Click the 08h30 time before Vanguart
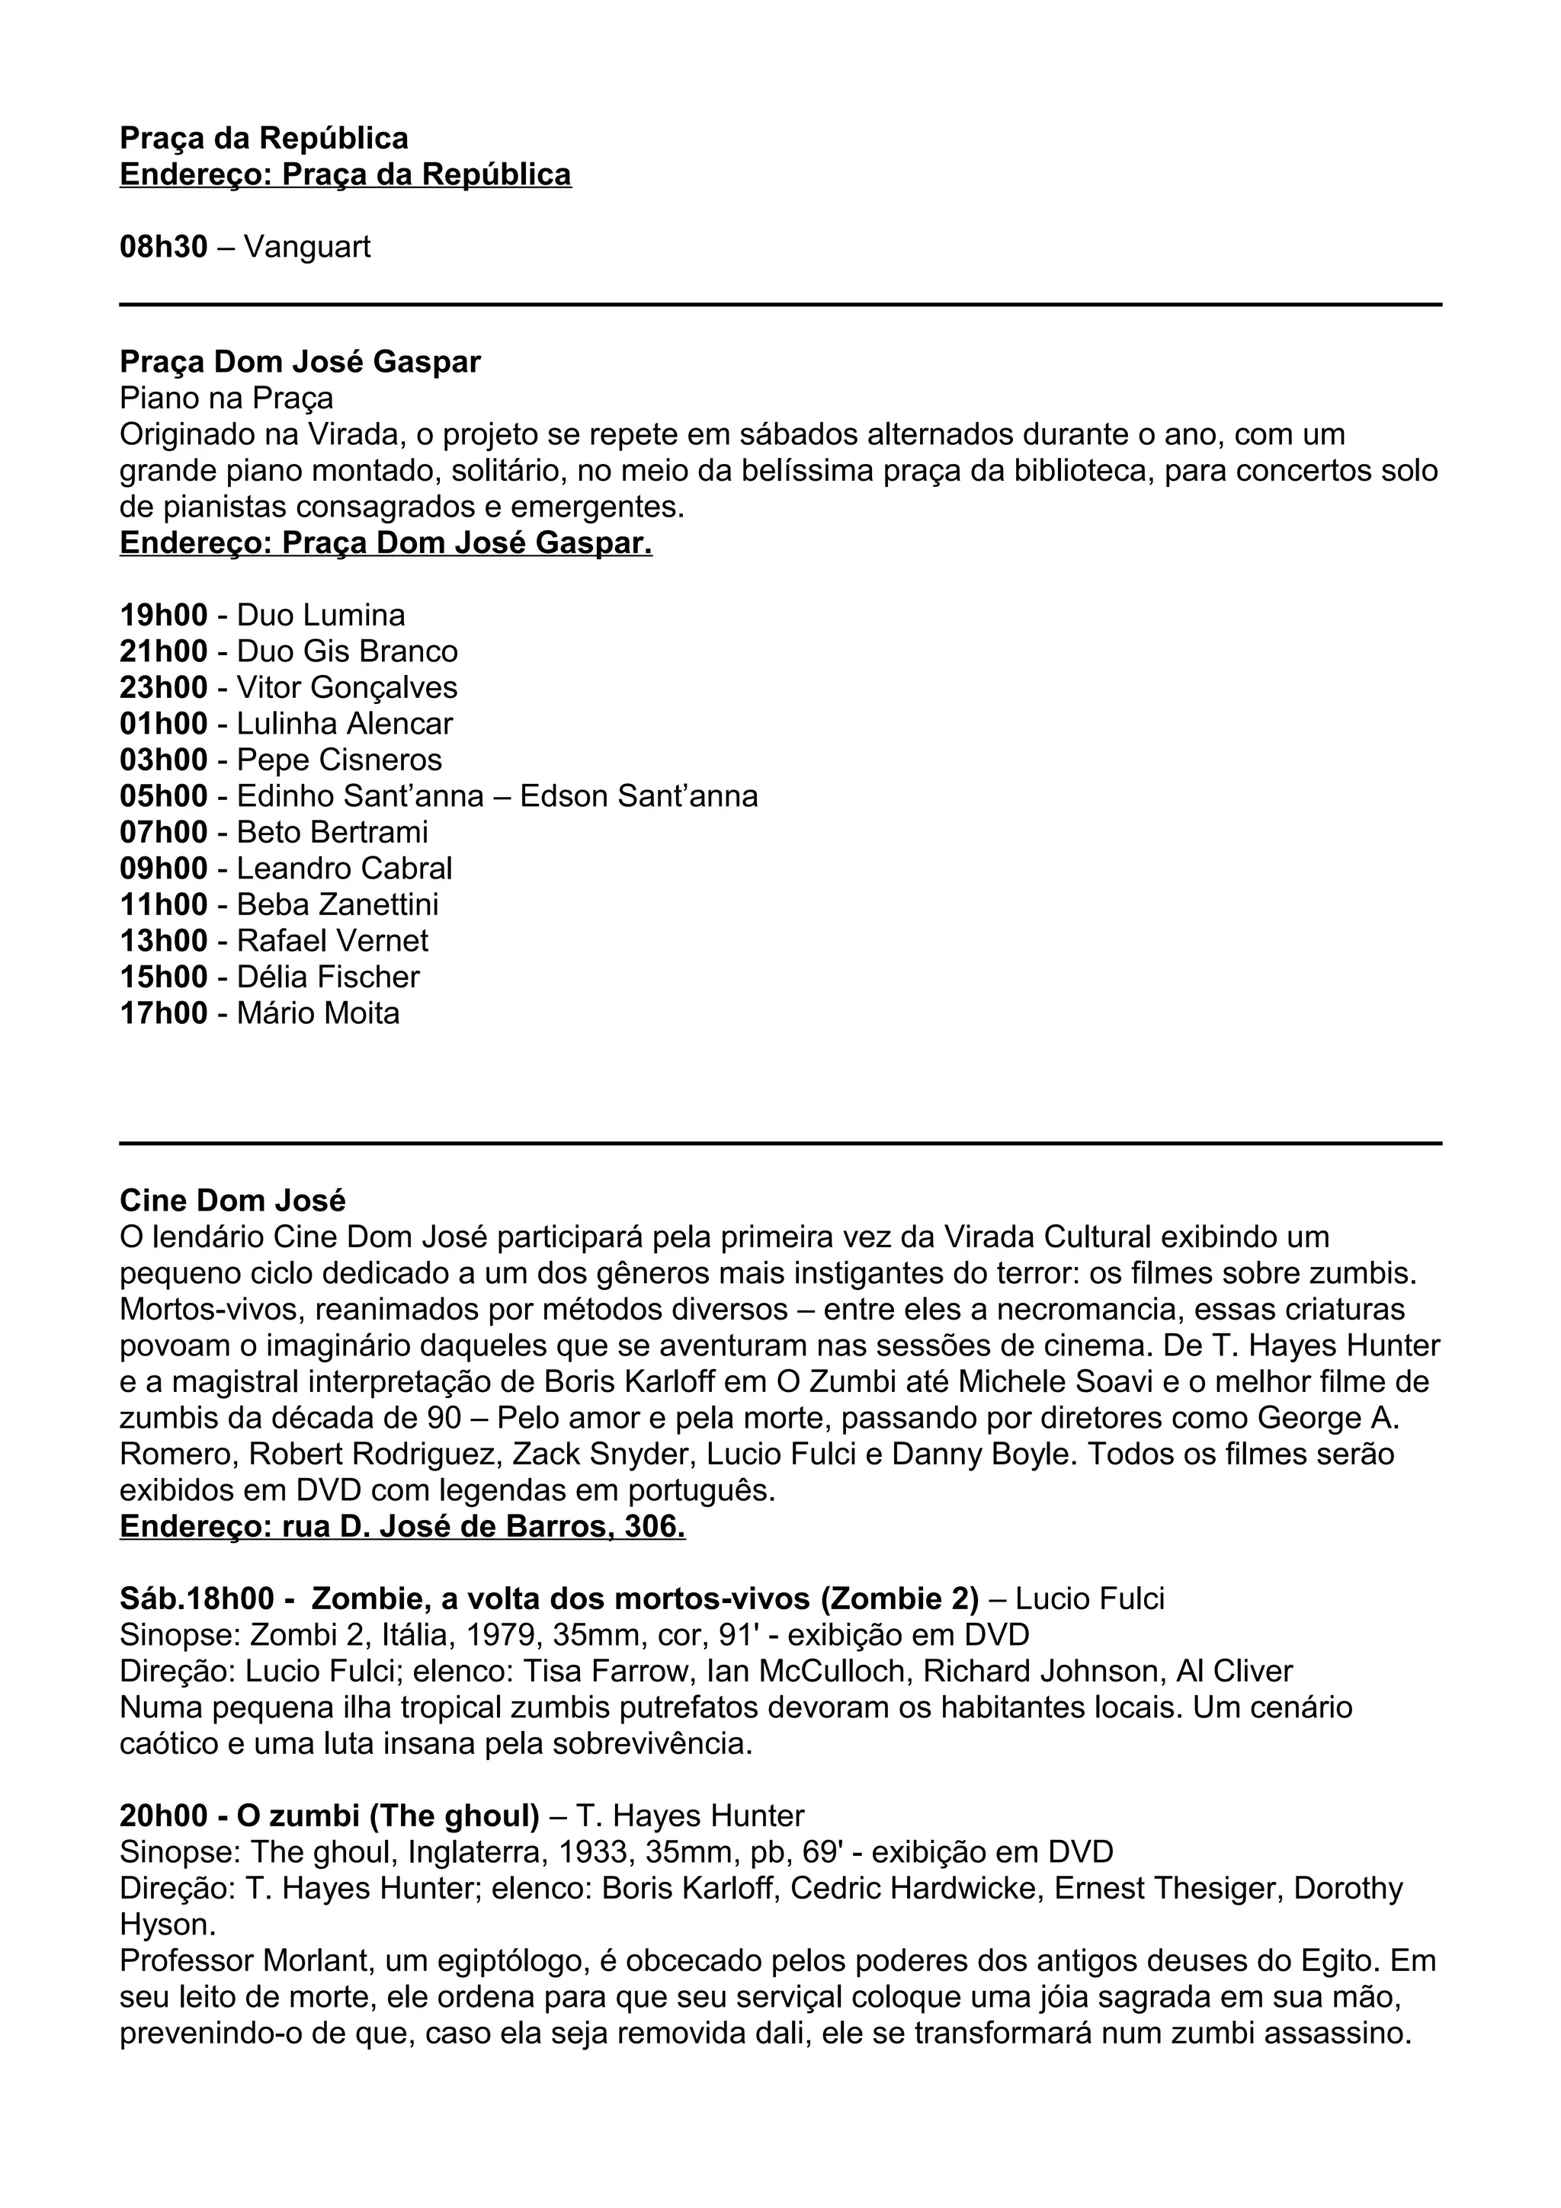(164, 247)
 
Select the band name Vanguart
(307, 247)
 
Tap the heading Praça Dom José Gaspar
(300, 362)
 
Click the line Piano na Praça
(226, 398)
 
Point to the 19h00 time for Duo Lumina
(164, 616)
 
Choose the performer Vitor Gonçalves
(348, 687)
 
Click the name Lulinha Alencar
(345, 724)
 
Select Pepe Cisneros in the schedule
(339, 760)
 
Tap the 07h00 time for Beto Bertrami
(164, 832)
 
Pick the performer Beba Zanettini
(338, 904)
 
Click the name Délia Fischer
(328, 977)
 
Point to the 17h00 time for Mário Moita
(164, 1013)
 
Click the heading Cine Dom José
(232, 1200)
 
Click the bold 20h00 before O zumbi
(164, 1816)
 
